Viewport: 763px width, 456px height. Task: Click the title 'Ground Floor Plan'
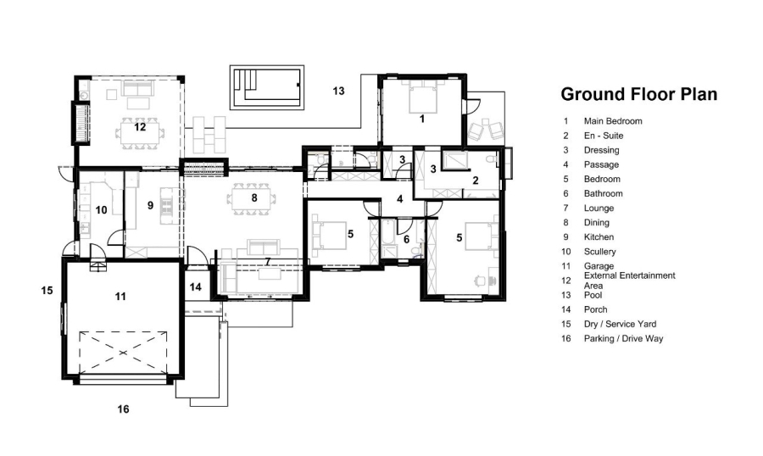click(638, 94)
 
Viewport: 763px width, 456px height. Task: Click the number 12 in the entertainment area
click(140, 127)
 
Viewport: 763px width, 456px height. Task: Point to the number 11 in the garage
click(120, 296)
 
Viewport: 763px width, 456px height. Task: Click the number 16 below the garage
click(123, 409)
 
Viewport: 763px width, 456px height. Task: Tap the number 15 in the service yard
click(47, 291)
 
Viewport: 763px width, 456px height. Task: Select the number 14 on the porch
click(196, 287)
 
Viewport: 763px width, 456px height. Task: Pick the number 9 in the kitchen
click(150, 204)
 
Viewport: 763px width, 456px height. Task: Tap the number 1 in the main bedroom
click(421, 120)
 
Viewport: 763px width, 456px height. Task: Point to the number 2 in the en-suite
click(476, 180)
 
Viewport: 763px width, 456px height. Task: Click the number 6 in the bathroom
click(406, 240)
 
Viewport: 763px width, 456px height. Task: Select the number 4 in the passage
click(400, 199)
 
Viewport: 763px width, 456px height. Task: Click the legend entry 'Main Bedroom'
click(613, 121)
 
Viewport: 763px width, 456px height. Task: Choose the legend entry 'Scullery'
click(599, 252)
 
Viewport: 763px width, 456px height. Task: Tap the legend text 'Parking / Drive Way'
click(623, 339)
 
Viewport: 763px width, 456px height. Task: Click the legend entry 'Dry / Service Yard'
click(620, 324)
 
